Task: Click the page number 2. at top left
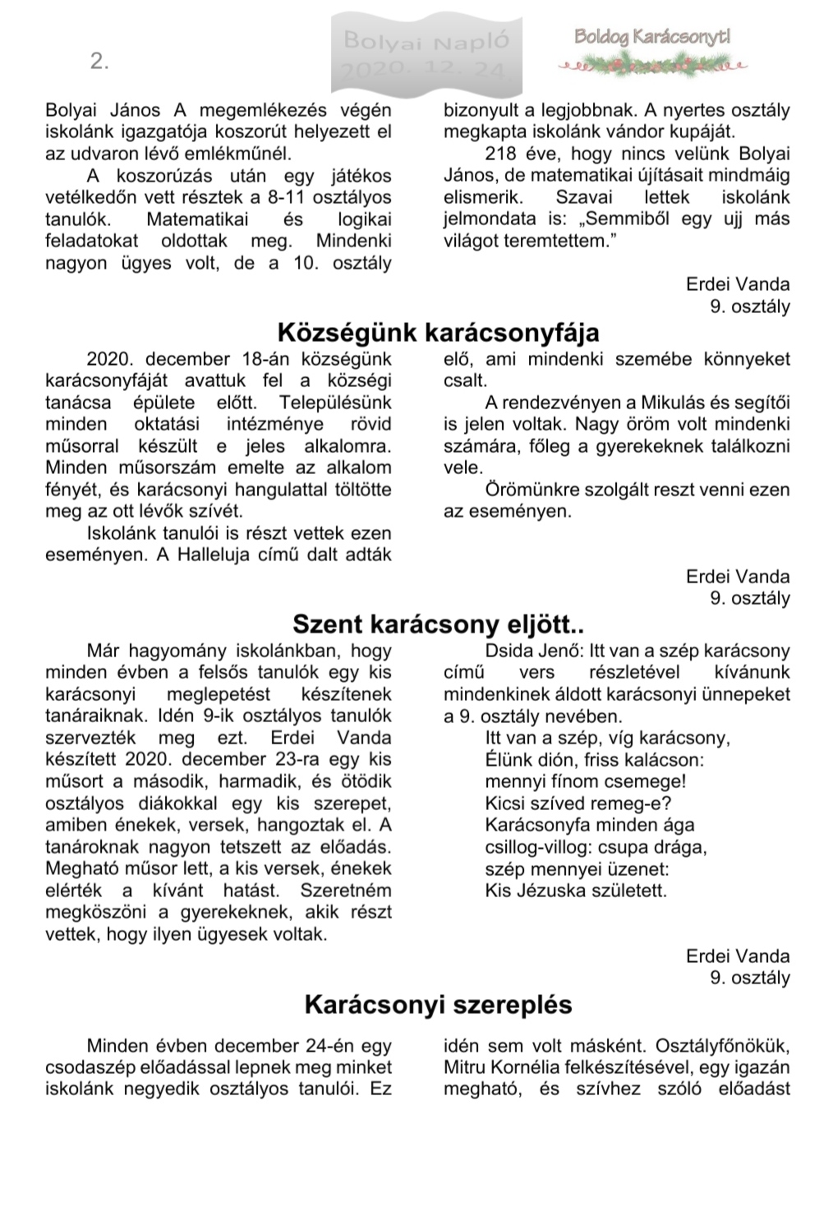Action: [x=99, y=62]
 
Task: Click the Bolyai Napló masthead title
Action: [x=426, y=39]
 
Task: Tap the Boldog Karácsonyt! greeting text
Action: [x=652, y=36]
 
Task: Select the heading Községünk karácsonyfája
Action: [x=438, y=333]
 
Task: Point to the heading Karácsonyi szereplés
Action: [x=438, y=1004]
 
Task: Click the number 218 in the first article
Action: [x=501, y=154]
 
